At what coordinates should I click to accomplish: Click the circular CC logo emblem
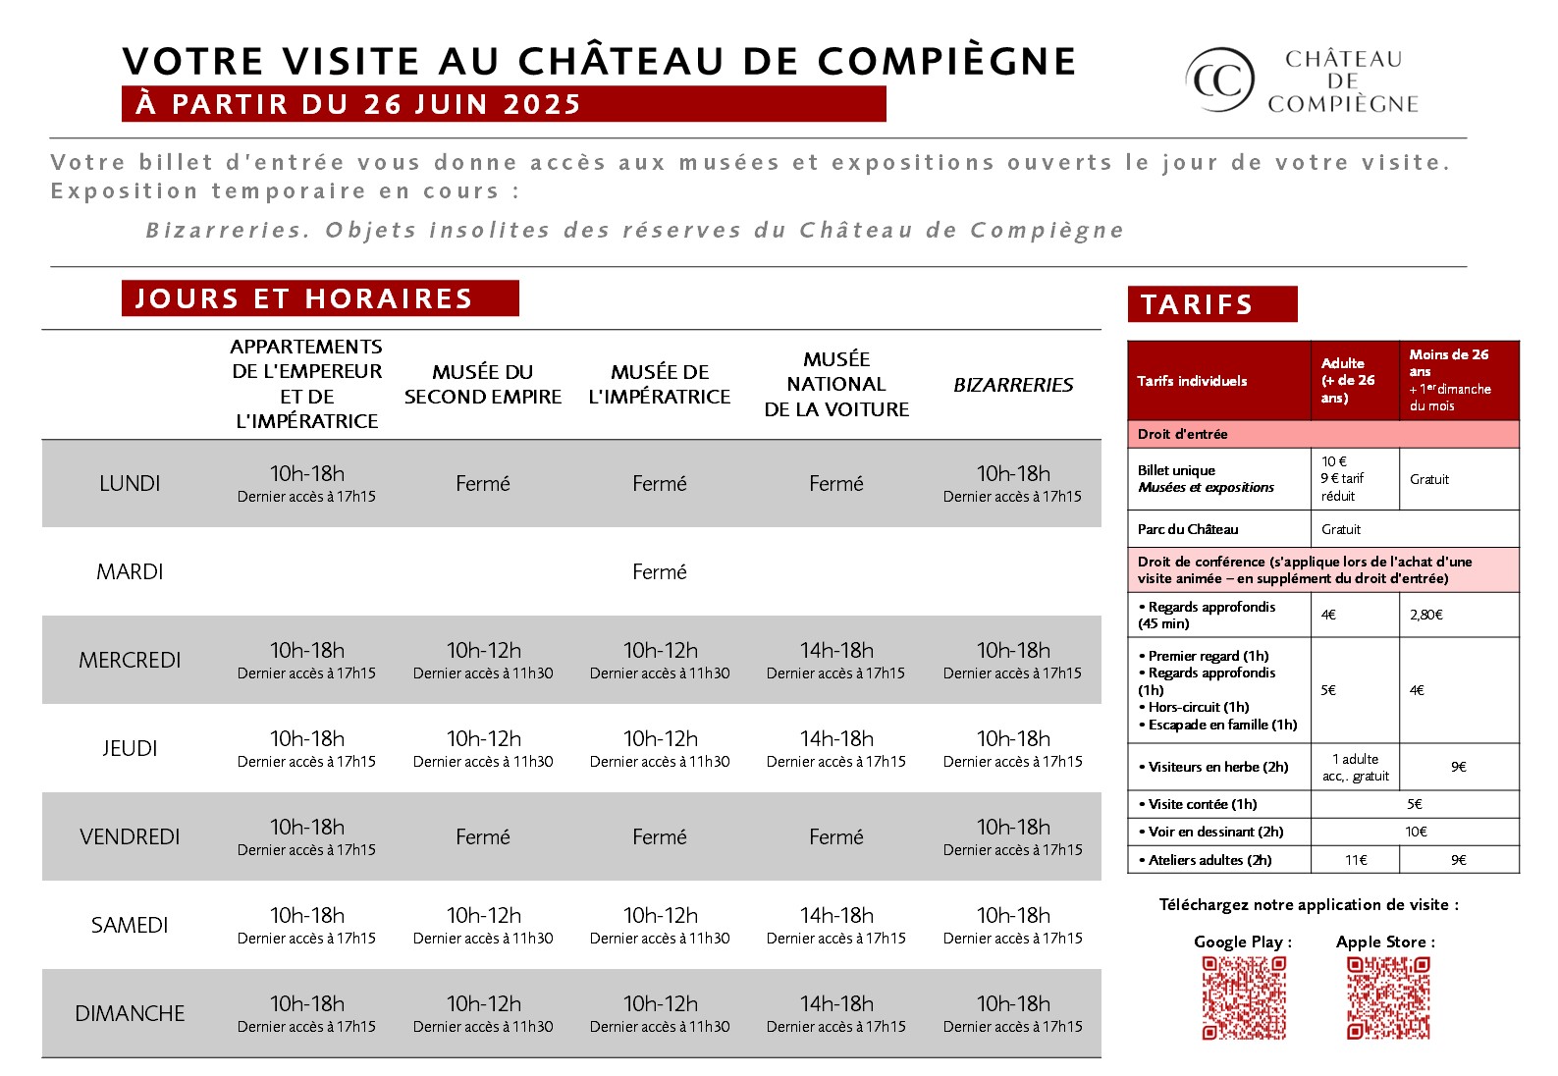pos(1220,80)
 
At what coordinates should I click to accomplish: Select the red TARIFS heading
pos(1211,304)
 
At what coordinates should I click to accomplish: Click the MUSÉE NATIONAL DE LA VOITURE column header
pos(836,384)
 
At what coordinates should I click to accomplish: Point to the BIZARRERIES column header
pos(1013,385)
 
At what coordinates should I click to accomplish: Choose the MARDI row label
pos(130,571)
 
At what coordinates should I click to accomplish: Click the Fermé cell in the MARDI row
pos(660,571)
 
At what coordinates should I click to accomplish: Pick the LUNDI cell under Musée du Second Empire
pos(483,483)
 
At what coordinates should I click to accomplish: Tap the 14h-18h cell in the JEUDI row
pos(836,748)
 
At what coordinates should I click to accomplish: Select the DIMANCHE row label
pos(130,1013)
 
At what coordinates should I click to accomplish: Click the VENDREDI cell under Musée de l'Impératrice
pos(660,836)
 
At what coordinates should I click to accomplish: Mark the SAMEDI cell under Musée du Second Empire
pos(483,925)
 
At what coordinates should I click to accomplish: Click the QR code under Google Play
pos(1244,997)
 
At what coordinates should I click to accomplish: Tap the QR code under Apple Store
pos(1387,997)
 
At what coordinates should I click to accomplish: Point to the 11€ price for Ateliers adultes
pos(1356,859)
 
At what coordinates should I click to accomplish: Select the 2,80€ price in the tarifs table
pos(1426,615)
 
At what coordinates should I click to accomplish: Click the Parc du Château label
pos(1188,529)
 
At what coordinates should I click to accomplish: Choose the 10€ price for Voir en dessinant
pos(1415,832)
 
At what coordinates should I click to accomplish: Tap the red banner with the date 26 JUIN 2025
pos(504,104)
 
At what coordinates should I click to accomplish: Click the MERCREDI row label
pos(130,660)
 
